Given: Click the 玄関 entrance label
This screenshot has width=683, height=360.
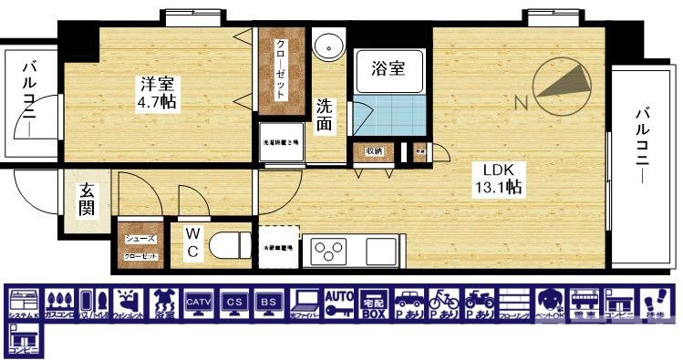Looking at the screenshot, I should [87, 200].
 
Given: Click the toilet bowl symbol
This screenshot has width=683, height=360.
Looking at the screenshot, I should [230, 245].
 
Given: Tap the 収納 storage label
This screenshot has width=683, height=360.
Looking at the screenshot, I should [374, 150].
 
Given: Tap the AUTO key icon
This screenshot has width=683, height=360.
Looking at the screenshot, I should [339, 303].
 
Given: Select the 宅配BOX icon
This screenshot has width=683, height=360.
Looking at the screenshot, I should [374, 303].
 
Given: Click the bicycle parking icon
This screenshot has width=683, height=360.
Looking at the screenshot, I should [444, 303].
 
